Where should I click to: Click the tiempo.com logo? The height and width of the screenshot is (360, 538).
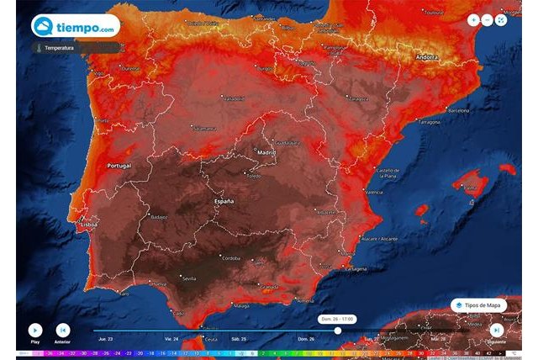click(75, 26)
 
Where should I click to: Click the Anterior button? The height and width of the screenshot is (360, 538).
click(62, 331)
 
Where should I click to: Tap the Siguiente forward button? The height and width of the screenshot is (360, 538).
click(497, 331)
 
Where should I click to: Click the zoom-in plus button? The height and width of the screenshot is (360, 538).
click(473, 19)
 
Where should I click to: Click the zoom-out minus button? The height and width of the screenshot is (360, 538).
click(487, 19)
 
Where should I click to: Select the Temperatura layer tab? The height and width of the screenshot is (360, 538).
click(62, 48)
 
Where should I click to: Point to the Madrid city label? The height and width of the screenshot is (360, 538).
click(266, 152)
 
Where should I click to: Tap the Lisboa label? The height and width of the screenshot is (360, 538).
click(87, 225)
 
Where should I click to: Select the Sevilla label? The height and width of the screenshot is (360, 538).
click(188, 278)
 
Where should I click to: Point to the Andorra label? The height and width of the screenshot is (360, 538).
click(427, 57)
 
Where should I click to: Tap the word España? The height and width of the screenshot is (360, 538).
click(223, 203)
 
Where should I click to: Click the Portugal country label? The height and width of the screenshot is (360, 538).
click(119, 166)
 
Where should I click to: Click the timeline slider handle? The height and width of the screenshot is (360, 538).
click(338, 331)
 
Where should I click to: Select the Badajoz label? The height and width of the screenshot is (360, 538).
click(159, 216)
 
